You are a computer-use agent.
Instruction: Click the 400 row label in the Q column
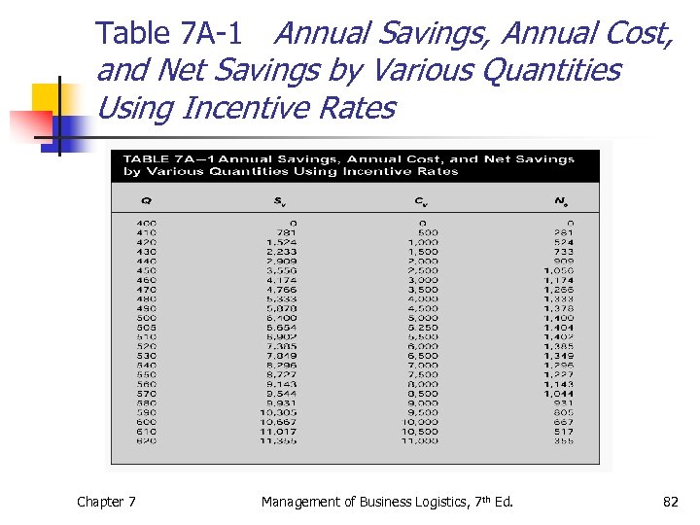[x=146, y=224]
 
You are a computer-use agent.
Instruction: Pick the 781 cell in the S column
[x=287, y=233]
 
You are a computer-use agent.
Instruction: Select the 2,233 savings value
[x=281, y=253]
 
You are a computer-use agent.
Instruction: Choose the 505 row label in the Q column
[x=146, y=328]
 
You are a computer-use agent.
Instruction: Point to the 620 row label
[x=146, y=440]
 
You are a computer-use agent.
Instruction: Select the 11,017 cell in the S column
[x=279, y=431]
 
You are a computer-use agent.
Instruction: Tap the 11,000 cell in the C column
[x=420, y=440]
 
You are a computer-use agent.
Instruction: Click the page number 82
[x=670, y=502]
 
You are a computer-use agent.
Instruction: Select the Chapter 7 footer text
[x=106, y=502]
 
